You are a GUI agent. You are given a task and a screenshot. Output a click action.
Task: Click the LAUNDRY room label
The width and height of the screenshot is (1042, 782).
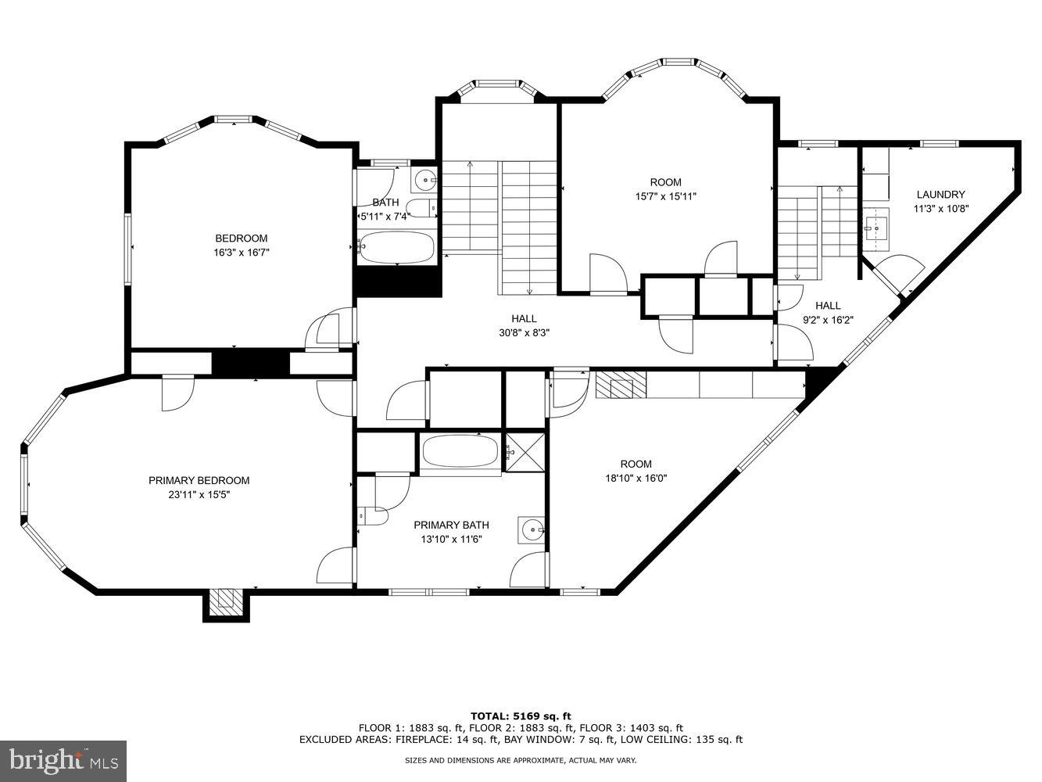(x=940, y=195)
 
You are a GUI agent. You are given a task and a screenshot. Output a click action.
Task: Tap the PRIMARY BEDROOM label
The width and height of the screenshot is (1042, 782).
(x=199, y=480)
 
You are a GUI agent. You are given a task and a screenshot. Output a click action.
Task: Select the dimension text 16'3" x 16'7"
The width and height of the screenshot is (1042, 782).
(x=241, y=253)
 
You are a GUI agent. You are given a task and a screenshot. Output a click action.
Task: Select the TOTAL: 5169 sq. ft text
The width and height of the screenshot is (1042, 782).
(x=520, y=716)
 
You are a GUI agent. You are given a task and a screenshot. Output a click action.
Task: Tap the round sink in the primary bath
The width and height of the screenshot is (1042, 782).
(x=532, y=530)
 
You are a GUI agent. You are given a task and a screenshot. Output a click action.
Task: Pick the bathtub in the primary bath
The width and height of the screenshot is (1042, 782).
(x=460, y=451)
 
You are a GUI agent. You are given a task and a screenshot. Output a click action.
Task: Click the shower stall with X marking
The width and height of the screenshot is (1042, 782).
(x=525, y=451)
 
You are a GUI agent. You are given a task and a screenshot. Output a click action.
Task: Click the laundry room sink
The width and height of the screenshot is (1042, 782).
(x=875, y=229)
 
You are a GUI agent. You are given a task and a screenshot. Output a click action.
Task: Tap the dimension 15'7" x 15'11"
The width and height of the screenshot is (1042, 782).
(x=665, y=196)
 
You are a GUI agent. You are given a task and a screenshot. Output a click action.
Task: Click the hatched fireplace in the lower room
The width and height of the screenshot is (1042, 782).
(x=621, y=385)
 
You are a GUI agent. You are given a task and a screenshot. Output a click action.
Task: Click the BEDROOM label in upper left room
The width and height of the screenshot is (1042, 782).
(x=241, y=239)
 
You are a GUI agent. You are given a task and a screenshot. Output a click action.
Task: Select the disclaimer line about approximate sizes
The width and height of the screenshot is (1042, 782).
(x=520, y=760)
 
